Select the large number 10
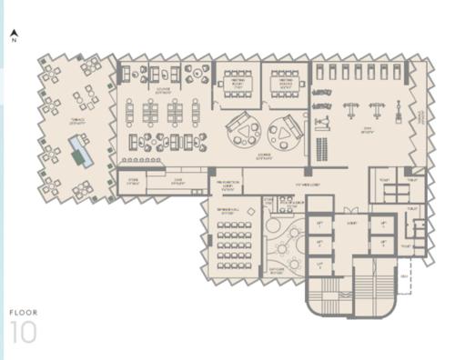pyautogui.click(x=24, y=333)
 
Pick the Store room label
pyautogui.click(x=132, y=181)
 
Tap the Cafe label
pyautogui.click(x=179, y=181)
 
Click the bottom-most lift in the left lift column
pyautogui.click(x=320, y=265)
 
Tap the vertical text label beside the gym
pyautogui.click(x=420, y=117)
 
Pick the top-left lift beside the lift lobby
pyautogui.click(x=320, y=223)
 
